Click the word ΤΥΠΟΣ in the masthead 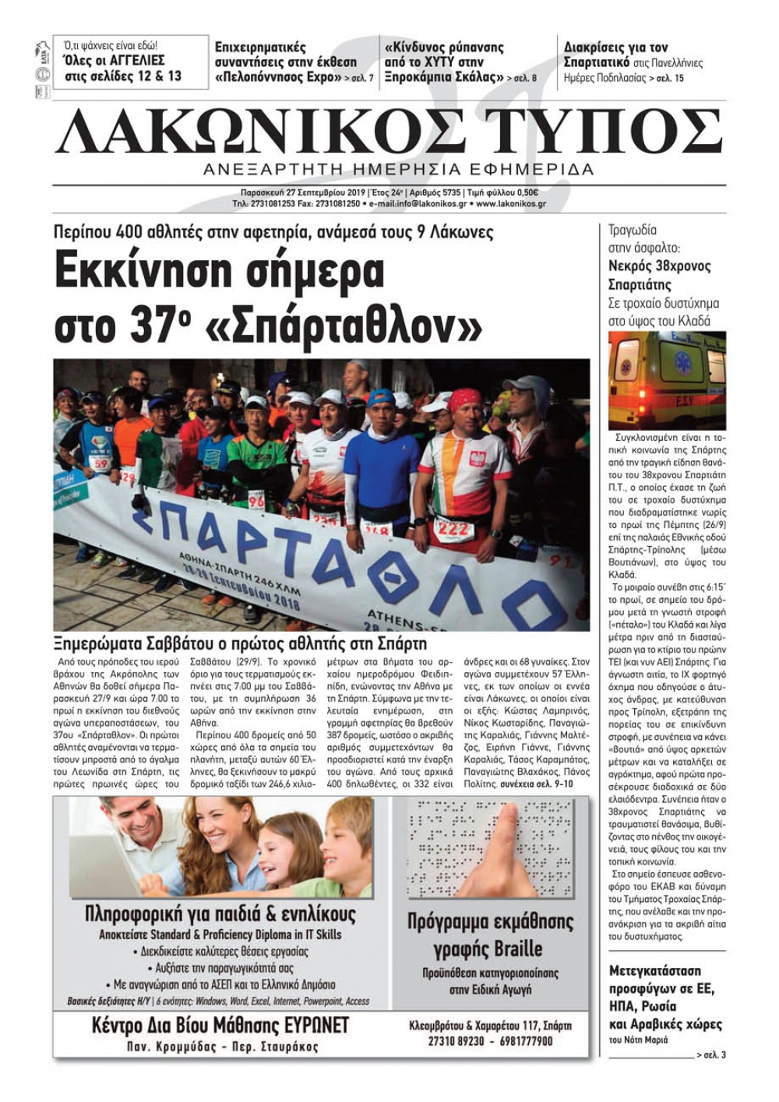click(598, 132)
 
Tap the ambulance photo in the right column click(666, 379)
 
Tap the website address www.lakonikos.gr click(510, 204)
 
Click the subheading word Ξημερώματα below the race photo click(101, 644)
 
